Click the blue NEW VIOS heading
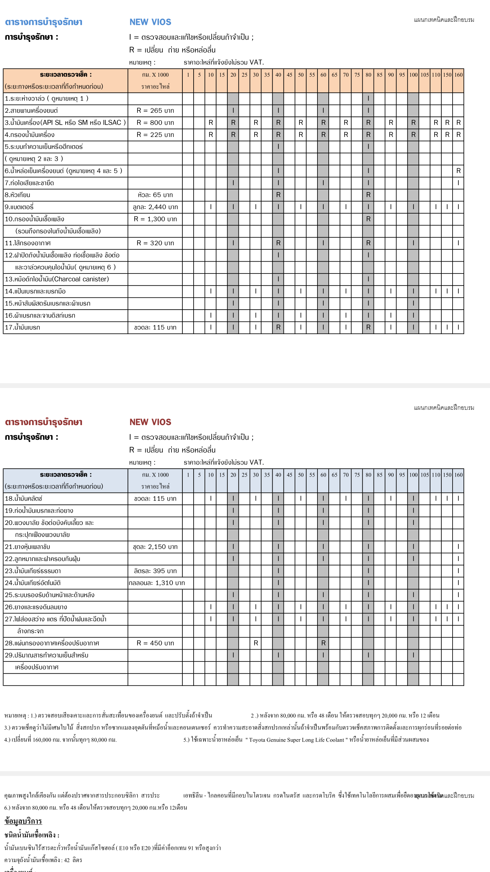coord(150,22)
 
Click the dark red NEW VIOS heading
coord(150,422)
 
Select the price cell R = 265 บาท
coord(155,111)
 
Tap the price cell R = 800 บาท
coord(155,123)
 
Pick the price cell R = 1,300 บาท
coord(155,219)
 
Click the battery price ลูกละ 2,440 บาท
coord(155,207)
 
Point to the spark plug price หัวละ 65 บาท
coord(155,195)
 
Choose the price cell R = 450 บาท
coord(155,643)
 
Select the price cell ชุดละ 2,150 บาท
coord(155,547)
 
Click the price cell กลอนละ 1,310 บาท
coord(157,583)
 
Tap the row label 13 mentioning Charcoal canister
coord(57,279)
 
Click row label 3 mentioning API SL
coord(65,123)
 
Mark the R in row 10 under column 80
coord(368,219)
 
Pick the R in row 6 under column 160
coord(458,171)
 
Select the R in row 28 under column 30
coord(256,643)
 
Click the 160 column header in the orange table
coord(458,75)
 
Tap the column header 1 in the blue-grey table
coord(188,475)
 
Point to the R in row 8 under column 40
coord(278,195)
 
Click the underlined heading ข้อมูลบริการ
coord(23,821)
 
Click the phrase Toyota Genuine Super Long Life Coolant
coord(296,740)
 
